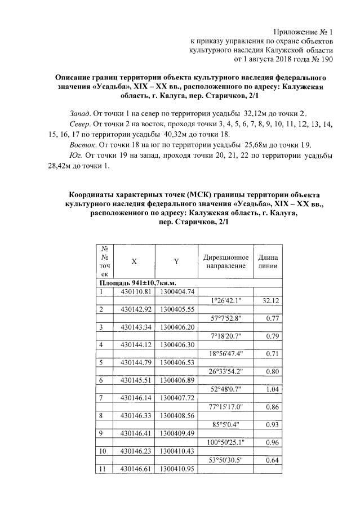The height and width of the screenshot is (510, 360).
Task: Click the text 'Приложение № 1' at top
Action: (x=304, y=31)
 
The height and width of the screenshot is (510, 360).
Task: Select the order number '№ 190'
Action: (x=322, y=59)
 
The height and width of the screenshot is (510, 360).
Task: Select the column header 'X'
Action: (x=134, y=261)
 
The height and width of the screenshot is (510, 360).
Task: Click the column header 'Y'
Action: (x=176, y=261)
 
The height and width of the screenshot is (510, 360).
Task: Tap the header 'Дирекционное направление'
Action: (x=225, y=261)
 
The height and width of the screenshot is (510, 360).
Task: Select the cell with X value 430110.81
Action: (x=134, y=291)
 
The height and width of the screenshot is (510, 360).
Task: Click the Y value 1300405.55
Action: (x=176, y=309)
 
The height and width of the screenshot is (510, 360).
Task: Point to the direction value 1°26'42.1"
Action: (x=225, y=300)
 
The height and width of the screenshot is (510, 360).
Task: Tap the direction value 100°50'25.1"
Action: (x=225, y=442)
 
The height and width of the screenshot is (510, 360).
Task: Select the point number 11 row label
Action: (x=103, y=469)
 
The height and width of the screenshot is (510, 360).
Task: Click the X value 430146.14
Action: (x=134, y=398)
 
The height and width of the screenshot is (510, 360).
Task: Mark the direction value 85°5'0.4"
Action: (x=225, y=424)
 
